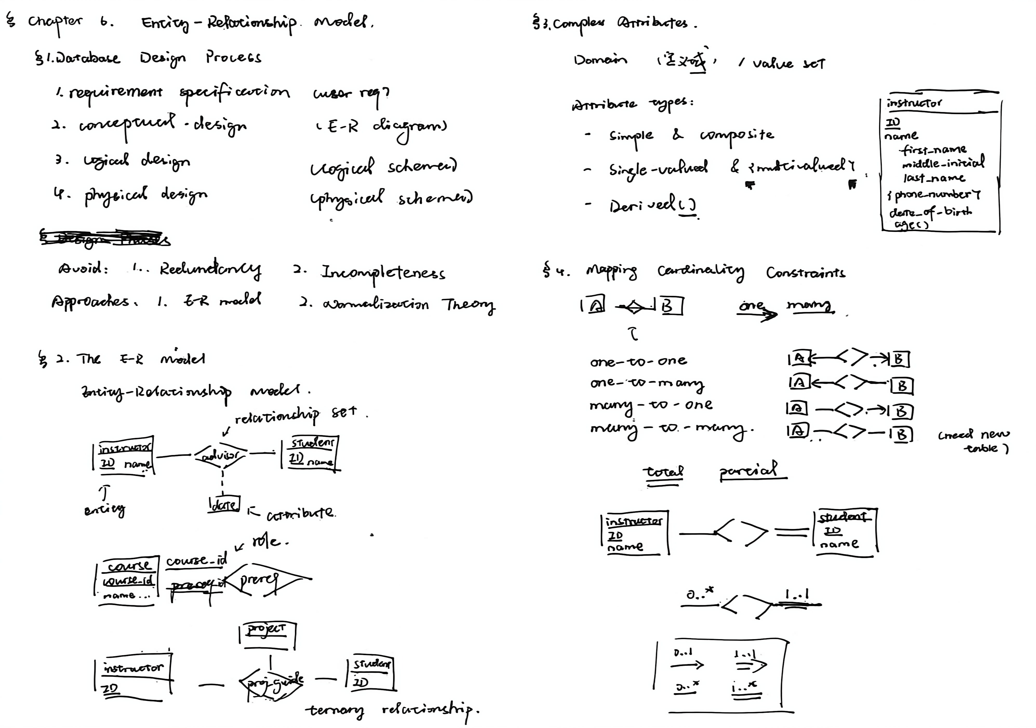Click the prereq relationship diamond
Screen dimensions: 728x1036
(x=262, y=579)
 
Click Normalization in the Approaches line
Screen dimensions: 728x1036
(x=375, y=305)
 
